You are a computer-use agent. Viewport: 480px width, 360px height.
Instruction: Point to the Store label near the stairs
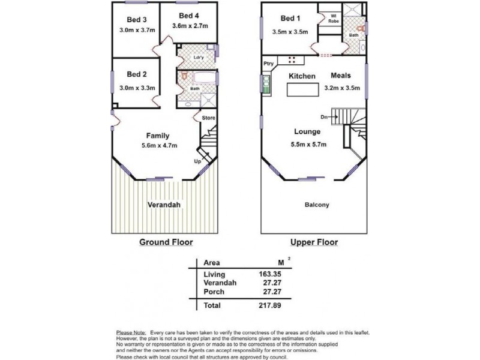pos(208,118)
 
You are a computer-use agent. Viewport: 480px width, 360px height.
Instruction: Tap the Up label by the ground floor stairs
pos(197,161)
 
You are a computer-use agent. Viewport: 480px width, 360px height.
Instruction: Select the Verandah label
pos(164,205)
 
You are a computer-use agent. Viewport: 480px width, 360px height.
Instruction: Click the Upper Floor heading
pos(313,242)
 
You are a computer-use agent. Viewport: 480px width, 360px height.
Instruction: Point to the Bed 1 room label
pos(290,19)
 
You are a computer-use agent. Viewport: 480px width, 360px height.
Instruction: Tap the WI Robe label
pos(333,19)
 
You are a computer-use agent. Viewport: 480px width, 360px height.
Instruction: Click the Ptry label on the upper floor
pos(268,63)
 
